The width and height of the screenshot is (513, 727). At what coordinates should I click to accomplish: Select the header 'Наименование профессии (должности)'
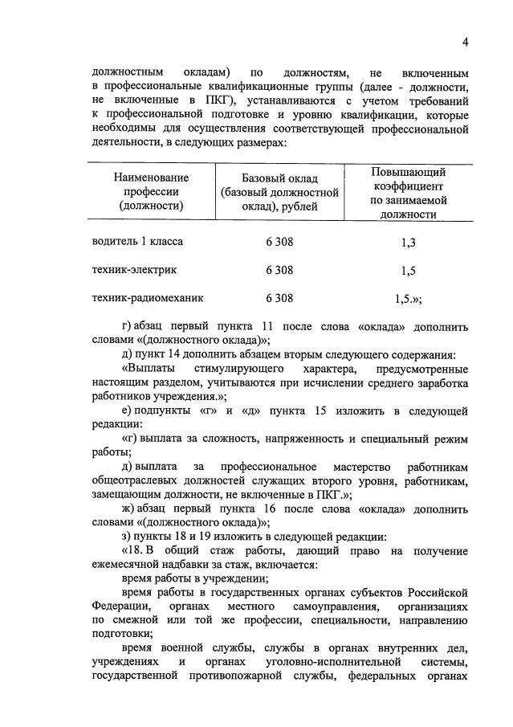click(x=151, y=191)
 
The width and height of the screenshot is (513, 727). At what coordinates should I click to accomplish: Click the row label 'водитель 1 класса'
click(x=137, y=241)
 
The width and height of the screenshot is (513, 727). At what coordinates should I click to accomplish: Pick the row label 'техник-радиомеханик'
click(x=148, y=297)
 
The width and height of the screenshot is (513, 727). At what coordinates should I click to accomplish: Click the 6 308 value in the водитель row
click(x=279, y=241)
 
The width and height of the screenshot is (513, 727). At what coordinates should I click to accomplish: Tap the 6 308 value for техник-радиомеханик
click(x=279, y=297)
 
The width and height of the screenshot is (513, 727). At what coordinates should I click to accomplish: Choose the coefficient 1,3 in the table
click(x=408, y=242)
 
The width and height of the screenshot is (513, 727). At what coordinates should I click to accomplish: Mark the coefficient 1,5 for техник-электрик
click(x=408, y=271)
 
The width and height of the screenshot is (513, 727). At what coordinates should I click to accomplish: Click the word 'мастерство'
click(x=358, y=468)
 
